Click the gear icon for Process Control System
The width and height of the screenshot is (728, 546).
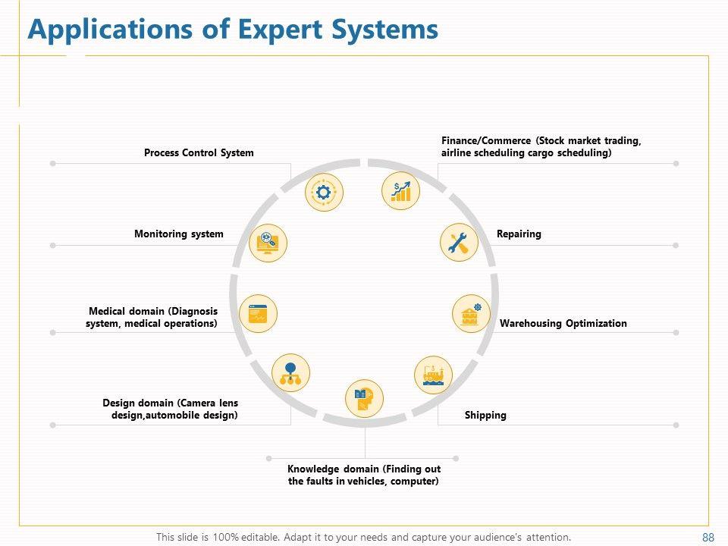click(x=324, y=193)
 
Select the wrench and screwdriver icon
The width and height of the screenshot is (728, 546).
click(x=459, y=243)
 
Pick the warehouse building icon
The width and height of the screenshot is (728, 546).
click(x=471, y=313)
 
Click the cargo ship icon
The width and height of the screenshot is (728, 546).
click(x=434, y=375)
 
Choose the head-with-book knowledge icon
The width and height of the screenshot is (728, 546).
click(x=365, y=398)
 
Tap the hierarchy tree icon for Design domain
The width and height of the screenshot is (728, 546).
click(x=290, y=374)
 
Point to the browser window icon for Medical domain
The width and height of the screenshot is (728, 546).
click(x=258, y=313)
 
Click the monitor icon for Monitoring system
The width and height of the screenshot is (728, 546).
click(x=268, y=243)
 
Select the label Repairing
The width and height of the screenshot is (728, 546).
click(x=519, y=234)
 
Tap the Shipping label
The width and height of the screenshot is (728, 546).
click(x=485, y=416)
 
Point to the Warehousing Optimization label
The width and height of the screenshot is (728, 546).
click(x=563, y=324)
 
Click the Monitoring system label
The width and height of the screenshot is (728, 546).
click(x=179, y=234)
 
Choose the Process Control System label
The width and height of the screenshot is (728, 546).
click(x=199, y=153)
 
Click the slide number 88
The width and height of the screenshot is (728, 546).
click(x=708, y=538)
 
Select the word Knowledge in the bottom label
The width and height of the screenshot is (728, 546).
click(x=313, y=469)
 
